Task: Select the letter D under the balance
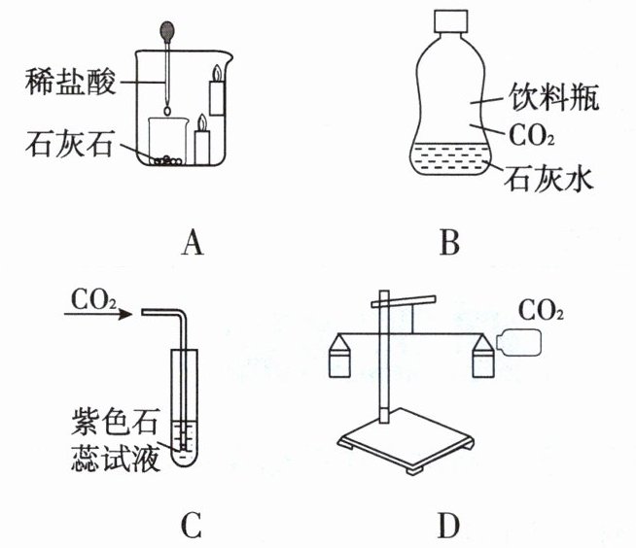(447, 526)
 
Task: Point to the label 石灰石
(67, 149)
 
